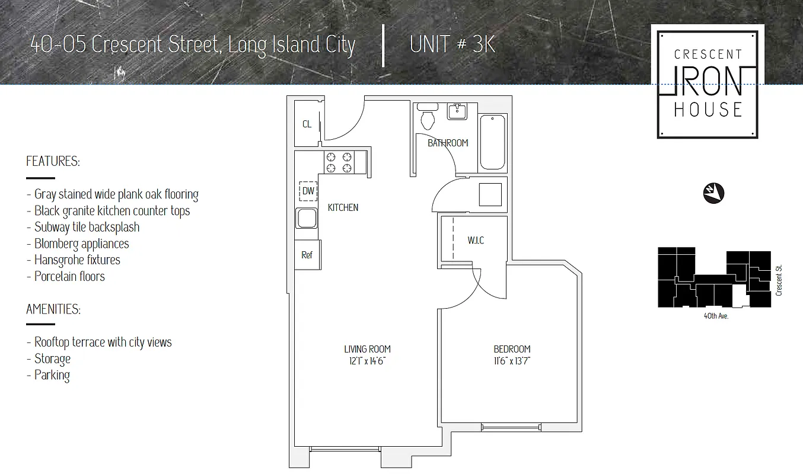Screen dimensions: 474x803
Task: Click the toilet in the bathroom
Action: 427,118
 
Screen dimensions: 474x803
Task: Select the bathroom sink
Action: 457,111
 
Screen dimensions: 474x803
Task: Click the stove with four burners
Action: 339,162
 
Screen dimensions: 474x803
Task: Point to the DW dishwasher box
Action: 308,191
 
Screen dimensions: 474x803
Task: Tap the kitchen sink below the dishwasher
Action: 307,219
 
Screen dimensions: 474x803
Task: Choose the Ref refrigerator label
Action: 307,255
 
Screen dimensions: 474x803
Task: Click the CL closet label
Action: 307,124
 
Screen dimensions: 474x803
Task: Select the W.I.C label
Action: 476,240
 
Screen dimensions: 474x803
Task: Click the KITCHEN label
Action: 343,207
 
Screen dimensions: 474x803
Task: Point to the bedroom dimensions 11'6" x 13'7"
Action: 512,360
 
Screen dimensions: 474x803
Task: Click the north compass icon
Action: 714,193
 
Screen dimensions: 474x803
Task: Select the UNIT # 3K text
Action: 452,45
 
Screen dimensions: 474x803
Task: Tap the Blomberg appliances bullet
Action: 81,244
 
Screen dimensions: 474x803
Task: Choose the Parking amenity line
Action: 52,375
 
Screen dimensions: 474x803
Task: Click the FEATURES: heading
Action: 53,161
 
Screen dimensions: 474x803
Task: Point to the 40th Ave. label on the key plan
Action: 716,316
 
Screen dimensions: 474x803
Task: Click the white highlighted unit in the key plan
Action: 738,296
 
